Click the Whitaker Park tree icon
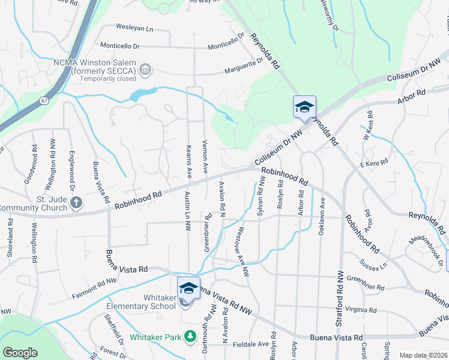coord(190,336)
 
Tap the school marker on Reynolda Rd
coord(304,107)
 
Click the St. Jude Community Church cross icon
coord(76,203)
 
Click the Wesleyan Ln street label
coord(134,28)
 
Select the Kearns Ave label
coord(189,161)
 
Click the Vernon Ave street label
coord(205,160)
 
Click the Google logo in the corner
coord(20,353)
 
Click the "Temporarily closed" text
coord(103,79)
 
